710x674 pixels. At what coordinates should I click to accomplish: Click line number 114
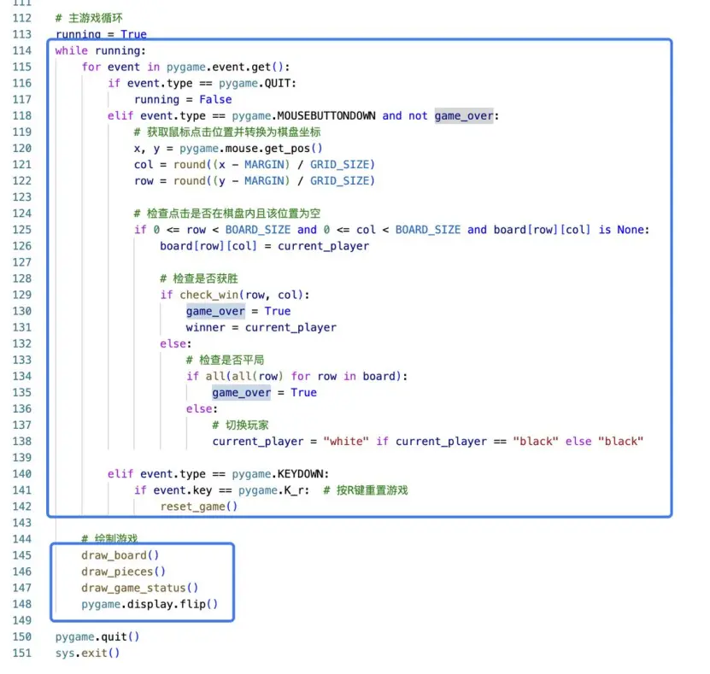[x=22, y=50]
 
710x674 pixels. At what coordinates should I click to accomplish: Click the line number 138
[x=22, y=441]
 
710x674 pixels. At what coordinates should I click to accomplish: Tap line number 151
[x=22, y=653]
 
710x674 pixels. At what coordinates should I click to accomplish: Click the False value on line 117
[x=215, y=99]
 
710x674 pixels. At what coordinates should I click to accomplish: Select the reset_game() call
[x=198, y=507]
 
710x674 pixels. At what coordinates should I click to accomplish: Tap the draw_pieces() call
[x=124, y=571]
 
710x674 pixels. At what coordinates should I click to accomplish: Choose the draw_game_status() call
[x=140, y=588]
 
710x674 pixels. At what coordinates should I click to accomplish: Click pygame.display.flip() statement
[x=150, y=604]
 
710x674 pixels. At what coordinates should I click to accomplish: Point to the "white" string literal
[x=346, y=441]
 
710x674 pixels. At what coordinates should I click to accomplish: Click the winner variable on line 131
[x=205, y=327]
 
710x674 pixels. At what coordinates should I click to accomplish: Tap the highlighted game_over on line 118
[x=464, y=115]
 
